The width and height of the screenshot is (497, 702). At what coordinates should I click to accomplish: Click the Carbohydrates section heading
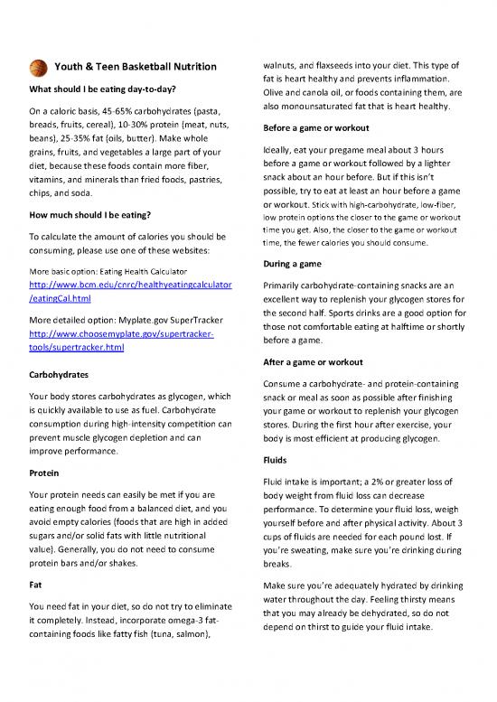tap(59, 373)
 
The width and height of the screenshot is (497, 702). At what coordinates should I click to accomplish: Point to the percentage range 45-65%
tap(127, 112)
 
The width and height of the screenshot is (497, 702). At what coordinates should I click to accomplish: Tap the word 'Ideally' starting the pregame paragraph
tap(277, 149)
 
